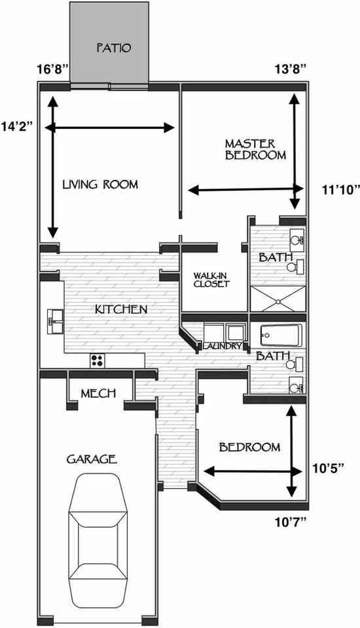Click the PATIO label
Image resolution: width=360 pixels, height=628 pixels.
click(114, 48)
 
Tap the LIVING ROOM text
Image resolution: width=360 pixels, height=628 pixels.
click(100, 184)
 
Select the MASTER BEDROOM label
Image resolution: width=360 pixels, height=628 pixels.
click(256, 149)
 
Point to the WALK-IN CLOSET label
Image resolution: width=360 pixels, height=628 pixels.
click(211, 280)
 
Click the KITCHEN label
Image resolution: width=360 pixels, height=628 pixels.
click(121, 309)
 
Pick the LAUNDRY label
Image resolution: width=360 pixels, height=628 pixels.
click(223, 346)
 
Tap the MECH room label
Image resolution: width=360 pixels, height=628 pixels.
click(98, 393)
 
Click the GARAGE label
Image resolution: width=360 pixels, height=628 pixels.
click(92, 459)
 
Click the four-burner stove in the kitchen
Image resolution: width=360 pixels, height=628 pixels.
click(97, 360)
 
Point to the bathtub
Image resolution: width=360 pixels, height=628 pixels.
click(281, 335)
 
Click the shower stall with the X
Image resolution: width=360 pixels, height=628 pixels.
click(278, 299)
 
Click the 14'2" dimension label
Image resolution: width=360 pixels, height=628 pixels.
click(16, 125)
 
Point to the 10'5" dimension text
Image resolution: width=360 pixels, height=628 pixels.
click(329, 468)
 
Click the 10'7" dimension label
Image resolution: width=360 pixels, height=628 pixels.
click(291, 521)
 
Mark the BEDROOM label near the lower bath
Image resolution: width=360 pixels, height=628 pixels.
click(249, 447)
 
